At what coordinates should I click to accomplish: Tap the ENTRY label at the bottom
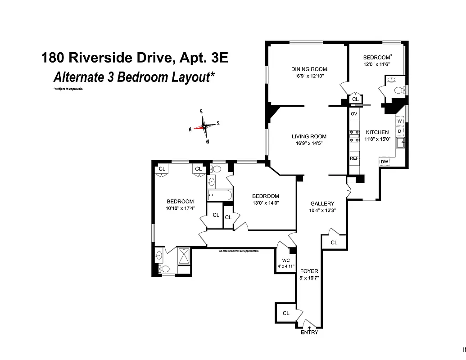click(x=309, y=332)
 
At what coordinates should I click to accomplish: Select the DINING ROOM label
click(x=309, y=69)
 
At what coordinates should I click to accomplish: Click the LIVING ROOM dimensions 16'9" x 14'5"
click(x=308, y=143)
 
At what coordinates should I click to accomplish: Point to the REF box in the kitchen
click(x=354, y=158)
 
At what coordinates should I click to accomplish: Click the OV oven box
click(x=354, y=114)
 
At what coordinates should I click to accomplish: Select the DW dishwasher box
click(x=384, y=162)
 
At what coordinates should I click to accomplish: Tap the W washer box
click(x=399, y=121)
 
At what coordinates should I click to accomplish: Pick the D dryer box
click(x=399, y=131)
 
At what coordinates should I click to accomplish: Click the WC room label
click(x=285, y=261)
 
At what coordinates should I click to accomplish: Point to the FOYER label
click(x=309, y=271)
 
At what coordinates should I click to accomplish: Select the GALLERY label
click(x=322, y=204)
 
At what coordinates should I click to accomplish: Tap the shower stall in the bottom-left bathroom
click(x=184, y=256)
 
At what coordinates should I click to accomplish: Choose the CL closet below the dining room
click(x=355, y=99)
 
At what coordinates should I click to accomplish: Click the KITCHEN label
click(x=377, y=132)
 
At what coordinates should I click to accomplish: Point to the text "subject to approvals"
click(x=68, y=89)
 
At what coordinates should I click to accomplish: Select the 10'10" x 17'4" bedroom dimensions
click(x=180, y=208)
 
